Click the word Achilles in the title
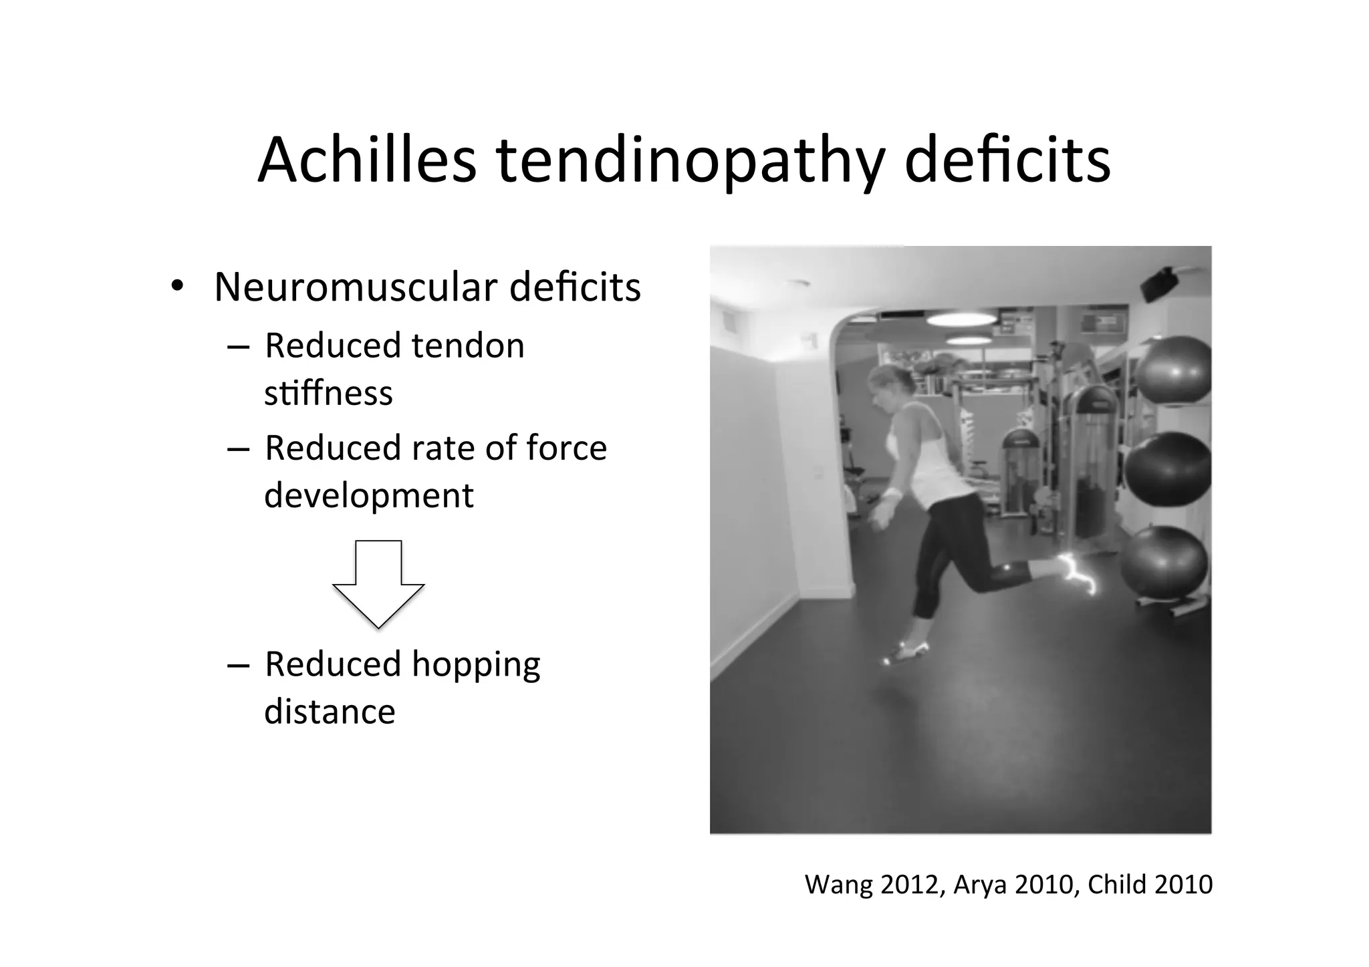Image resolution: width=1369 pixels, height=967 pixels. pyautogui.click(x=366, y=160)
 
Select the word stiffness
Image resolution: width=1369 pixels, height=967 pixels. pyautogui.click(x=328, y=393)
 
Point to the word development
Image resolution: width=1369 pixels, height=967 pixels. pyautogui.click(x=368, y=496)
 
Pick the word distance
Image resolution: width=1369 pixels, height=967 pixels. pyautogui.click(x=330, y=711)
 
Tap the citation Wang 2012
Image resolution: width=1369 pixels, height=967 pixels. pyautogui.click(x=873, y=885)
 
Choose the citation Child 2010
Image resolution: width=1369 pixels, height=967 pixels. pyautogui.click(x=1150, y=885)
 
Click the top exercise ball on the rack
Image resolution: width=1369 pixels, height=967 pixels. pyautogui.click(x=1174, y=372)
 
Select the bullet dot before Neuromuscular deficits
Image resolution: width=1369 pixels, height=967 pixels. pyautogui.click(x=176, y=287)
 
